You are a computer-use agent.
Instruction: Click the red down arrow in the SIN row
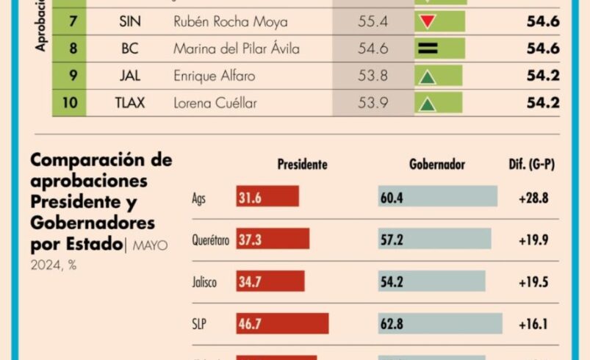[427, 22]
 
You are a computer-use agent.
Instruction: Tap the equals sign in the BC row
[427, 49]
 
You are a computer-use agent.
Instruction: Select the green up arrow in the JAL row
[427, 76]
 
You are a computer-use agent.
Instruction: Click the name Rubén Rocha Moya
[230, 22]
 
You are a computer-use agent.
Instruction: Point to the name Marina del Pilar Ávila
[237, 49]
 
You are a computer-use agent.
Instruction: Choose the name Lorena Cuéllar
[215, 103]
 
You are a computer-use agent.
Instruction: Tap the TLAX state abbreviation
[130, 103]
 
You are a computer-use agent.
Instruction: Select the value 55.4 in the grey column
[373, 22]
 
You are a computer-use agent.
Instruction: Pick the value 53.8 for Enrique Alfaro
[373, 76]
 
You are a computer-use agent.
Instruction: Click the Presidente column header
[302, 165]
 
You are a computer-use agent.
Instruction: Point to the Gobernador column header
[436, 165]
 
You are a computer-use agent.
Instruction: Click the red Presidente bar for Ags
[267, 196]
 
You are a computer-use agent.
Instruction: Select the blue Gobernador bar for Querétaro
[435, 239]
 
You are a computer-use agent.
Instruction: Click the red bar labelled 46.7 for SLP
[282, 323]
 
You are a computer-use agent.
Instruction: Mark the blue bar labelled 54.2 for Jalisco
[432, 281]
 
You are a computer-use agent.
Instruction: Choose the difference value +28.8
[534, 197]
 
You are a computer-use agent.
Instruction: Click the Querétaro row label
[210, 240]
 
